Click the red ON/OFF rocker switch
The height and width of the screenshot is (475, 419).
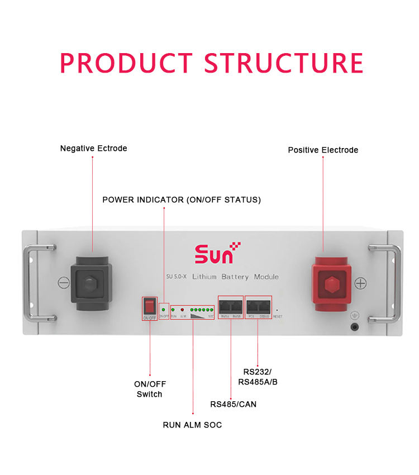coord(149,306)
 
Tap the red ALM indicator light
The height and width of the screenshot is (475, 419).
coord(182,309)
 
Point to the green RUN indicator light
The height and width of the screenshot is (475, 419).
coord(173,309)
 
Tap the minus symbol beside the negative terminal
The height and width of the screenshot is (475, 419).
coord(64,283)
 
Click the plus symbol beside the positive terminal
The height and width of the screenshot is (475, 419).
coord(360,283)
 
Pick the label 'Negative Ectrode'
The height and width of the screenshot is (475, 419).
coord(93,149)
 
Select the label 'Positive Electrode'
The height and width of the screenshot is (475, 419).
coord(323,150)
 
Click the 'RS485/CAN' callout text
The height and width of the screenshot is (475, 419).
coord(233,404)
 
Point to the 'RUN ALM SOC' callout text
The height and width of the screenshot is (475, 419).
coord(192,425)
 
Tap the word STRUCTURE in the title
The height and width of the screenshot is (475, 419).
coord(283,63)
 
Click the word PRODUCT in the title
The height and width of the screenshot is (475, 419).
coord(127,63)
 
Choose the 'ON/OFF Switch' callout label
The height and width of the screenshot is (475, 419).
coord(150,389)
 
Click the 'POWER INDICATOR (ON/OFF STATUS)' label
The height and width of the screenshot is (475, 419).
coord(182,199)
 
